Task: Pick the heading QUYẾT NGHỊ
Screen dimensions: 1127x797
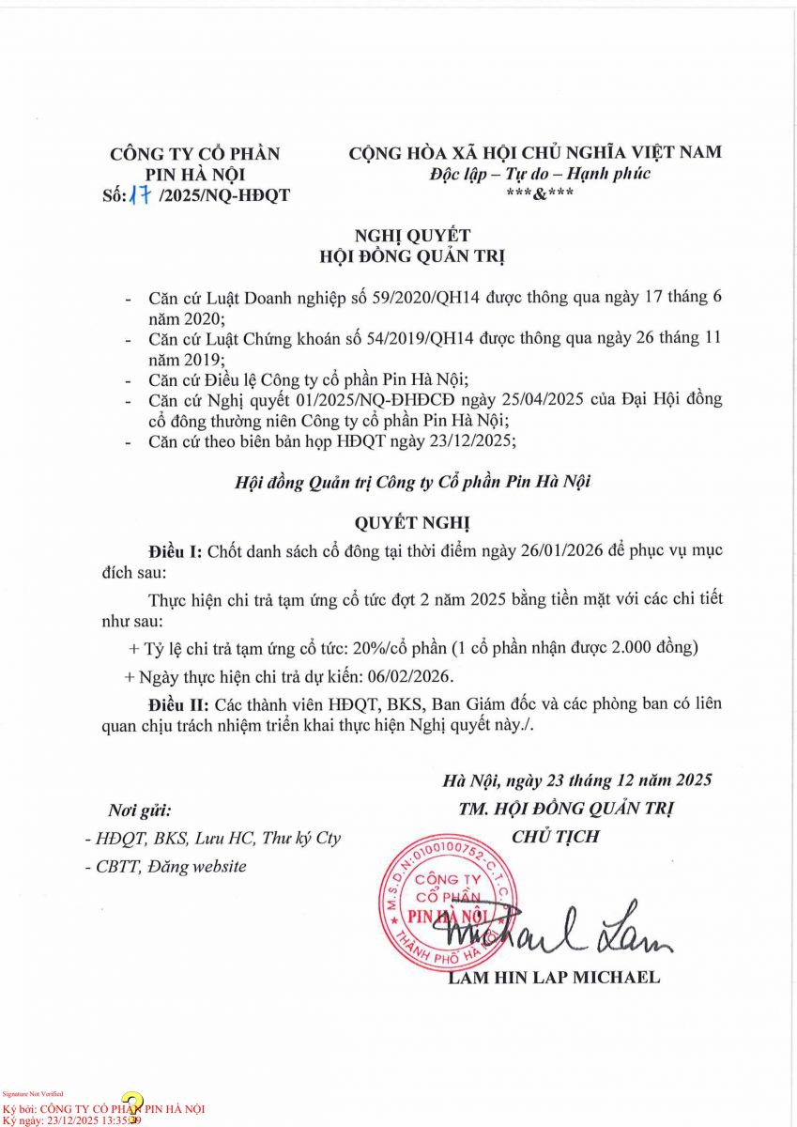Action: (398, 521)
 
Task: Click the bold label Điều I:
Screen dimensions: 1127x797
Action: (175, 550)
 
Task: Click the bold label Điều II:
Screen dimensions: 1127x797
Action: (178, 703)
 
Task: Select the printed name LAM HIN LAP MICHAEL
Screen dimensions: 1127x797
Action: (554, 978)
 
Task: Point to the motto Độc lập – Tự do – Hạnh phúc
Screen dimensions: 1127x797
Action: (540, 174)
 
